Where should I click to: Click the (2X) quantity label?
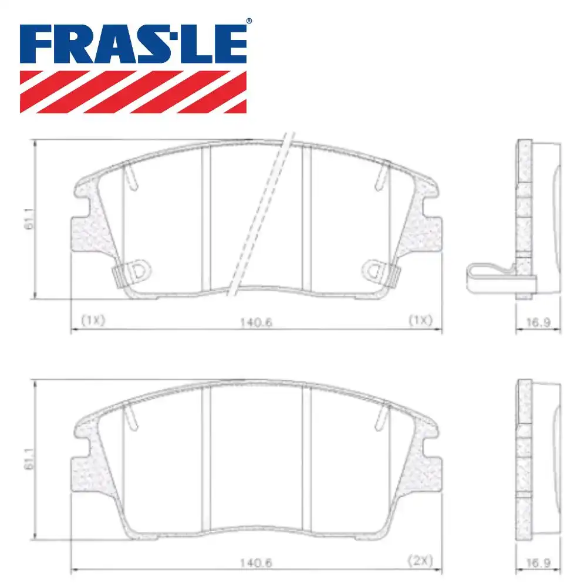point(420,562)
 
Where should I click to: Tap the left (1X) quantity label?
point(92,321)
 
